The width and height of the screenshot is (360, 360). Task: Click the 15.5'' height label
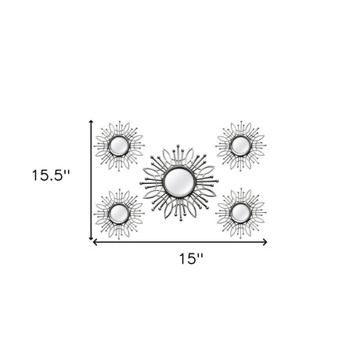51,175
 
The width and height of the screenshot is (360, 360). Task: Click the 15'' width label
191,259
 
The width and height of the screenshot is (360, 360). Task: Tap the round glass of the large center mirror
178,181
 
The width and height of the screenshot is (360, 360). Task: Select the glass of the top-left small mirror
119,146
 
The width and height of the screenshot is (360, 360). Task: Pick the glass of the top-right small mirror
240,146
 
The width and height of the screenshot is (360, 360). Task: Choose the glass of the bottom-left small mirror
119,214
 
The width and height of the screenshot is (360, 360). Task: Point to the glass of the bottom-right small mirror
240,213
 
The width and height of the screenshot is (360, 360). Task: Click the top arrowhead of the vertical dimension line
91,121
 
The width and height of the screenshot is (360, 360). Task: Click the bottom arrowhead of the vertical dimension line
91,238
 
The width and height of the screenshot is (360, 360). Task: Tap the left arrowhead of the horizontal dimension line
95,243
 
